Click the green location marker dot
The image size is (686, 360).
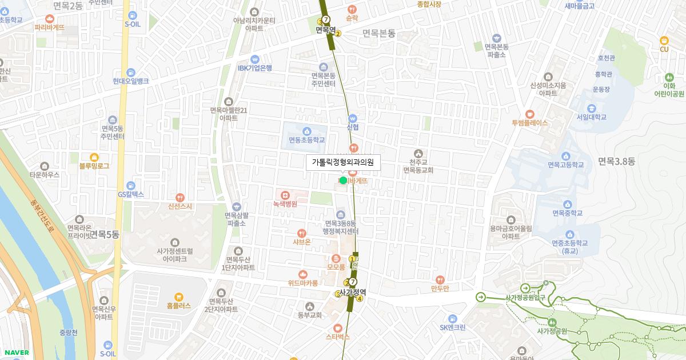343,180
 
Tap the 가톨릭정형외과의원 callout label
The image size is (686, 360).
342,162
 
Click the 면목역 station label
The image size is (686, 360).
324,30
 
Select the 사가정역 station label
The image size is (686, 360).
352,292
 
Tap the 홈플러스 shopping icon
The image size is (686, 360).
179,297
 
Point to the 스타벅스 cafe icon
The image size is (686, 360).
338,328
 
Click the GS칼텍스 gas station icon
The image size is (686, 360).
131,185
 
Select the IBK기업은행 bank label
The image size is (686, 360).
255,67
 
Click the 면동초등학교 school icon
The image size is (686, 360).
306,131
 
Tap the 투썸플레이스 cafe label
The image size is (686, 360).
529,122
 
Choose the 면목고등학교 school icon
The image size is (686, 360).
566,156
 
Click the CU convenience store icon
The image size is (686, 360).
664,40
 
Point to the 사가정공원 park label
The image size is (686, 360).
552,331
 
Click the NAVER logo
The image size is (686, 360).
15,352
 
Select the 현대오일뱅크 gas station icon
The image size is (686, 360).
131,72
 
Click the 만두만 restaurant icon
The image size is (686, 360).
440,279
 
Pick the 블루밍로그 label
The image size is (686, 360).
94,166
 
